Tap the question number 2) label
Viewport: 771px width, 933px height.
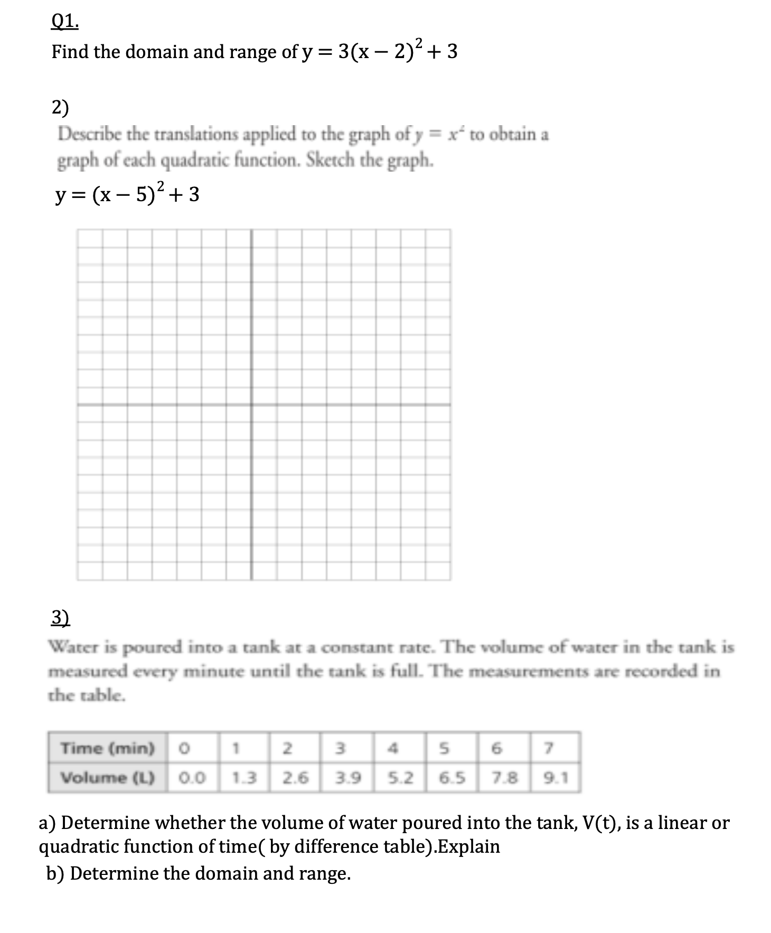tap(60, 108)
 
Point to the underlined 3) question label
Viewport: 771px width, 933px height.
tap(60, 617)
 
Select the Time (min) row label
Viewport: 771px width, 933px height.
tap(107, 748)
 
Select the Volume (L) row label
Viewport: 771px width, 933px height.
tap(107, 778)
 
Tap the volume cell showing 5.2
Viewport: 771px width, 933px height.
tap(400, 778)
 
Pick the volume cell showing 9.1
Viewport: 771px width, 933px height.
tap(555, 778)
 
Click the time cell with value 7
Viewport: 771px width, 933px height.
tap(549, 748)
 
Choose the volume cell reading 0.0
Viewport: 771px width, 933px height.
tap(192, 778)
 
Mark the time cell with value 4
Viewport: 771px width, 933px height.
tap(392, 748)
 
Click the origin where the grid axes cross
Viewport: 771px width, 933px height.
tap(251, 405)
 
